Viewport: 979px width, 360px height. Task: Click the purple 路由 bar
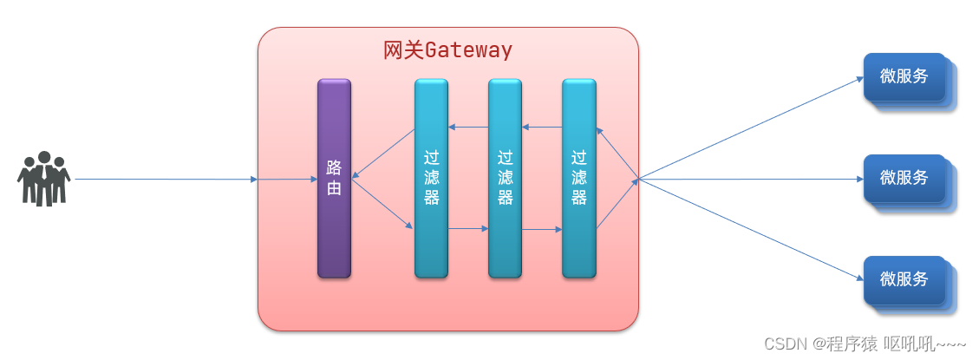pyautogui.click(x=334, y=178)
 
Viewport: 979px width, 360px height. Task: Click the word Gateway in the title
pyautogui.click(x=469, y=50)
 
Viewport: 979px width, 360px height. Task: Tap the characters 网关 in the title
pyautogui.click(x=404, y=50)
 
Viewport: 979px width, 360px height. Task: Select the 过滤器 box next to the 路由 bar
pyautogui.click(x=432, y=178)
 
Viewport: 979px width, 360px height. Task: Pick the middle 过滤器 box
pyautogui.click(x=506, y=178)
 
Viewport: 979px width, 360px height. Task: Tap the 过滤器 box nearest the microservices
pyautogui.click(x=578, y=178)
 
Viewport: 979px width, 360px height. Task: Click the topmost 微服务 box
pyautogui.click(x=904, y=77)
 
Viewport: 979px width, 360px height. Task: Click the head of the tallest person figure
pyautogui.click(x=43, y=158)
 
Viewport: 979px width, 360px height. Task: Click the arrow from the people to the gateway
pyautogui.click(x=166, y=180)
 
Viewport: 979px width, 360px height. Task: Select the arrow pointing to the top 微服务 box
pyautogui.click(x=750, y=128)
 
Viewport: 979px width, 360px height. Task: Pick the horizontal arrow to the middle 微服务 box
pyautogui.click(x=750, y=180)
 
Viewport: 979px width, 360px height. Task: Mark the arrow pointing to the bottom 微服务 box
pyautogui.click(x=750, y=229)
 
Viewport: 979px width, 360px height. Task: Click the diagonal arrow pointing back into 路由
pyautogui.click(x=383, y=154)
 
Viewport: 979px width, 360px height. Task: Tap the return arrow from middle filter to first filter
pyautogui.click(x=468, y=127)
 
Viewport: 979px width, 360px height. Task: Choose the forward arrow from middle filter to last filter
pyautogui.click(x=542, y=229)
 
